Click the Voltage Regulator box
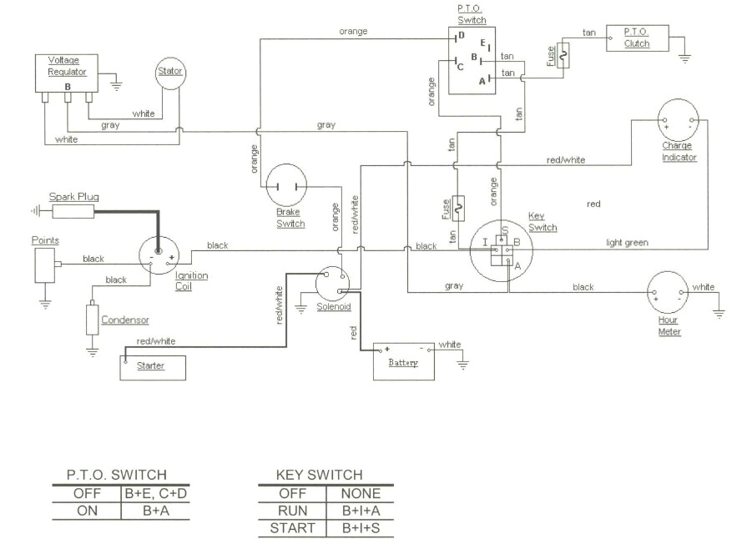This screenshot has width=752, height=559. [x=67, y=73]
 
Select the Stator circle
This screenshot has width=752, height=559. [x=169, y=72]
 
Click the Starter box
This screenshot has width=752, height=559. [x=153, y=366]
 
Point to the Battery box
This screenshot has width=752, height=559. [x=404, y=361]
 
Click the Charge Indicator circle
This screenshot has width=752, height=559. [x=678, y=120]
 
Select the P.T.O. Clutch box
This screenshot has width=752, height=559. [x=636, y=38]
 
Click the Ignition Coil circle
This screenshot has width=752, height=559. [x=161, y=254]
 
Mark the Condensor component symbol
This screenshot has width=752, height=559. [x=92, y=320]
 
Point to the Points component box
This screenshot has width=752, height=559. [x=44, y=264]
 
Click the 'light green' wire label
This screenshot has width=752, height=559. [x=627, y=243]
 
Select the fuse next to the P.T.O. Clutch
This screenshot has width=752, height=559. [x=562, y=56]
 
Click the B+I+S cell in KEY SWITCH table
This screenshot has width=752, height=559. [x=361, y=528]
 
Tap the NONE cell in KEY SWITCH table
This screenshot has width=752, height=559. [x=361, y=493]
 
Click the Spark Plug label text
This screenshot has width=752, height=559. [x=73, y=197]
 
